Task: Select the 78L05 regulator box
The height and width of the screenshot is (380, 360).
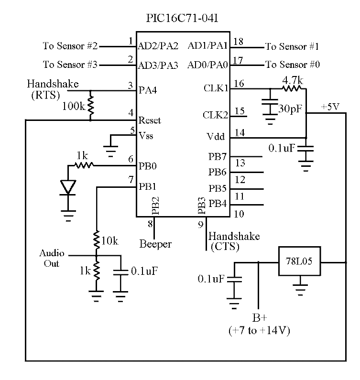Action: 300,262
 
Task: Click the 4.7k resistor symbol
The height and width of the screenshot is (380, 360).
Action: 292,88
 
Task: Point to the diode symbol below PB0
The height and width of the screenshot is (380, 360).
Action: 69,187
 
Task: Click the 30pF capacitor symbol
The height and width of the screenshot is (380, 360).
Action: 271,108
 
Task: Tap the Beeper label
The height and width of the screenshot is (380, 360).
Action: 155,244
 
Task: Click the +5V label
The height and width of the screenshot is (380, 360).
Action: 330,107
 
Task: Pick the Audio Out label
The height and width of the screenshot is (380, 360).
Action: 49,258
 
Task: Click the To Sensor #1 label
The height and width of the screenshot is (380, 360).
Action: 292,46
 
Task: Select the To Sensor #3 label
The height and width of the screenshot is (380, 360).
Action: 70,64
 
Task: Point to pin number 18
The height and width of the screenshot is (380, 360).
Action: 238,42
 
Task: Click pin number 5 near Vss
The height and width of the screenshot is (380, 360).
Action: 132,130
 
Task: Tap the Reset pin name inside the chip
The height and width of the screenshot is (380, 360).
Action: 149,120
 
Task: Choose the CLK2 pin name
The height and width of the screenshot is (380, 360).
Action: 215,116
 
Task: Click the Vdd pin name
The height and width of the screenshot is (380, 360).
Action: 217,137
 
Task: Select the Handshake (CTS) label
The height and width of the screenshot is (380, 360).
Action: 234,241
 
